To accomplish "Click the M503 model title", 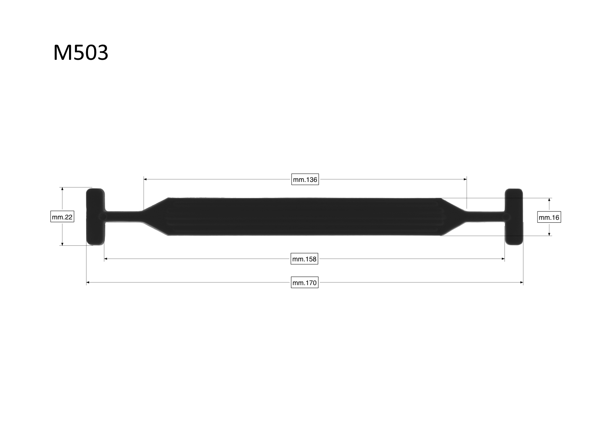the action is tap(81, 52).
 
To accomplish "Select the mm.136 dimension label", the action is tap(305, 180).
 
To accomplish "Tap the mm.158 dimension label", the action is tap(304, 259).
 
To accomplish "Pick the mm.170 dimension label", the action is tap(304, 283).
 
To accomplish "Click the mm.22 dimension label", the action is tap(62, 217).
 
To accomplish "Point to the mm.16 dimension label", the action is tap(549, 217).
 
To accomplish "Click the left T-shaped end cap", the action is tap(95, 216).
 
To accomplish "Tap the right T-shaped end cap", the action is tap(514, 217).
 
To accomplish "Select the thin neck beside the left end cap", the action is tap(123, 216).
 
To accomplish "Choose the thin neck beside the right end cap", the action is tap(486, 217).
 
